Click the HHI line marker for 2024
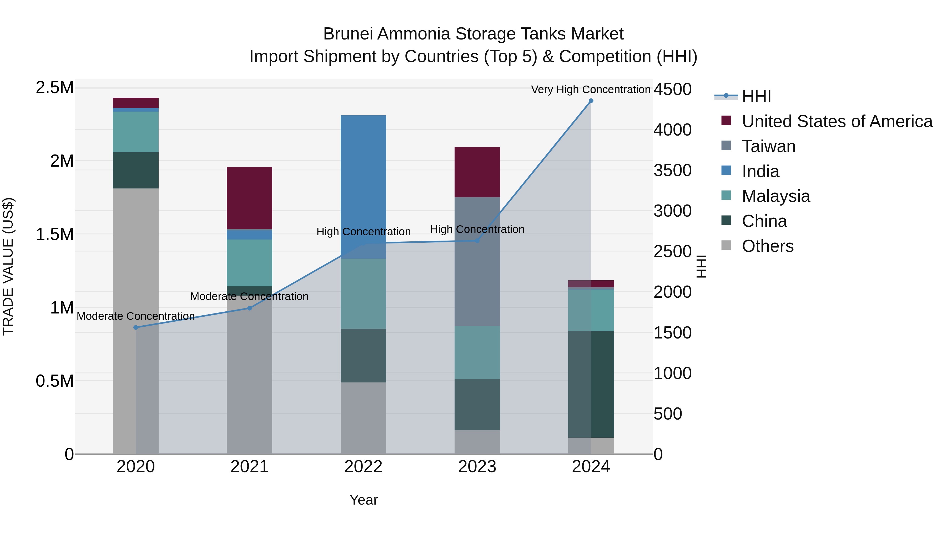tap(591, 101)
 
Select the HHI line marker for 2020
tap(136, 327)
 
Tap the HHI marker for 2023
tap(477, 241)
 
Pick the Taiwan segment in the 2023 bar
tap(477, 261)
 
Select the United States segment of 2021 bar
tap(249, 198)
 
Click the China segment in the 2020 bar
tap(136, 170)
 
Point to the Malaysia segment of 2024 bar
tap(591, 310)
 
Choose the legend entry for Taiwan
tap(769, 146)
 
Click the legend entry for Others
tap(768, 246)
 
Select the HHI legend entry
tap(756, 96)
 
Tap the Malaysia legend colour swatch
tap(726, 195)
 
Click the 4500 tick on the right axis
tap(672, 89)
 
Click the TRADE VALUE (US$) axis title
tap(8, 266)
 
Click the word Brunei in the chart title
tap(350, 34)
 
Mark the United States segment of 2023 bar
tap(477, 172)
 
